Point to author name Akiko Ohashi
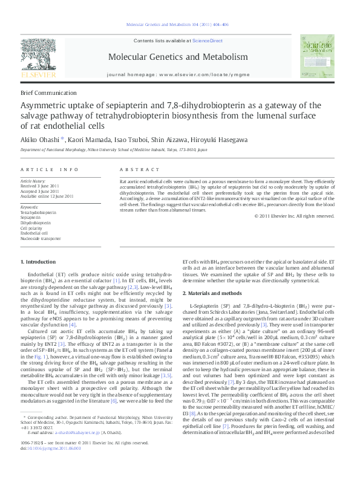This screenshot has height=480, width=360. click(39, 139)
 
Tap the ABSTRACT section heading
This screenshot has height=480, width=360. click(136, 170)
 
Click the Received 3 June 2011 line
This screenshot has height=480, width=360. click(42, 186)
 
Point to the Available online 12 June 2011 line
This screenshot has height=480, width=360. click(47, 196)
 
